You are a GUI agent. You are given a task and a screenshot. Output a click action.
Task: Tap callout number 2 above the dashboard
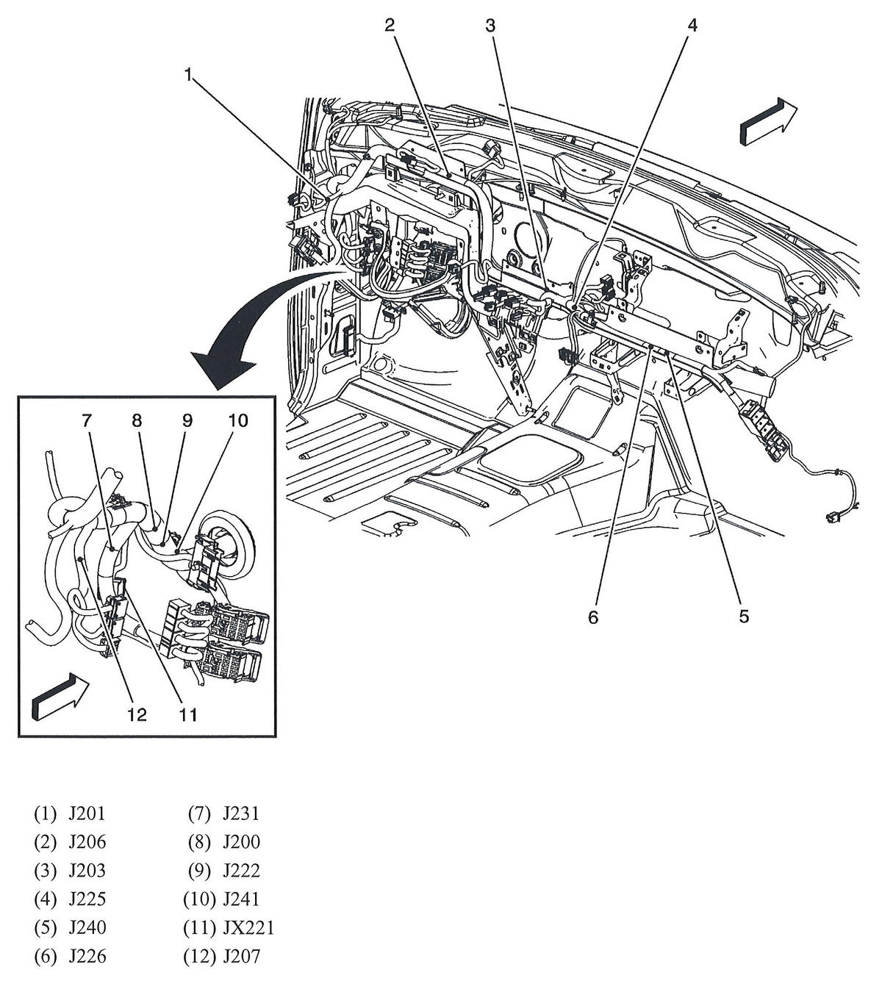coord(390,25)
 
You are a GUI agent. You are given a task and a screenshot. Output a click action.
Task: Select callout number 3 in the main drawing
coord(491,26)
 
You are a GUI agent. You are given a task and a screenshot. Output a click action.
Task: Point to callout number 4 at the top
coord(692,26)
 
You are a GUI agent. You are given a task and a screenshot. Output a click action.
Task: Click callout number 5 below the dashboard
coord(744,617)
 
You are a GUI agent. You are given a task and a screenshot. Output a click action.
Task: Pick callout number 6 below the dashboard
coord(593,617)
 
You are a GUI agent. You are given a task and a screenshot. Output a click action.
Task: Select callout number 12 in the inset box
coord(137,715)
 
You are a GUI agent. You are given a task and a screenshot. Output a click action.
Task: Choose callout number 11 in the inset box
coord(187,715)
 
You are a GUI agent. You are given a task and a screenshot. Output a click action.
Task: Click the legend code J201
coord(87,813)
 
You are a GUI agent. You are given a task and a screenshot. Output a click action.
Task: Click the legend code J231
coord(241,813)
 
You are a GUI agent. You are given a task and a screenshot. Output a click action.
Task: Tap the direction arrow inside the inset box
coord(61,697)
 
